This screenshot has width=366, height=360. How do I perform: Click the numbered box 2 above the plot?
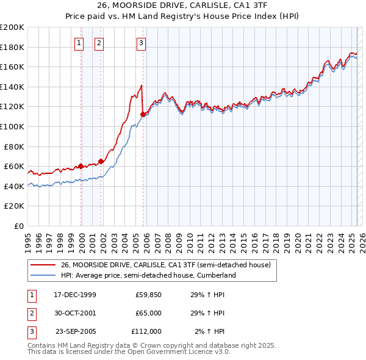point(99,43)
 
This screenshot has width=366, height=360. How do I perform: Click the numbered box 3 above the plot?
point(141,43)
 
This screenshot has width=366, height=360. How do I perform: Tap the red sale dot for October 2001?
point(101,161)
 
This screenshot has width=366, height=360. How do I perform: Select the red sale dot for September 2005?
point(143,114)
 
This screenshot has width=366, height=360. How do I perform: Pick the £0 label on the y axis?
point(18,226)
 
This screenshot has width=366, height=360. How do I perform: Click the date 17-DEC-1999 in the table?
point(75,295)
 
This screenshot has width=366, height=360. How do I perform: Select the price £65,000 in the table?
point(148,313)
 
